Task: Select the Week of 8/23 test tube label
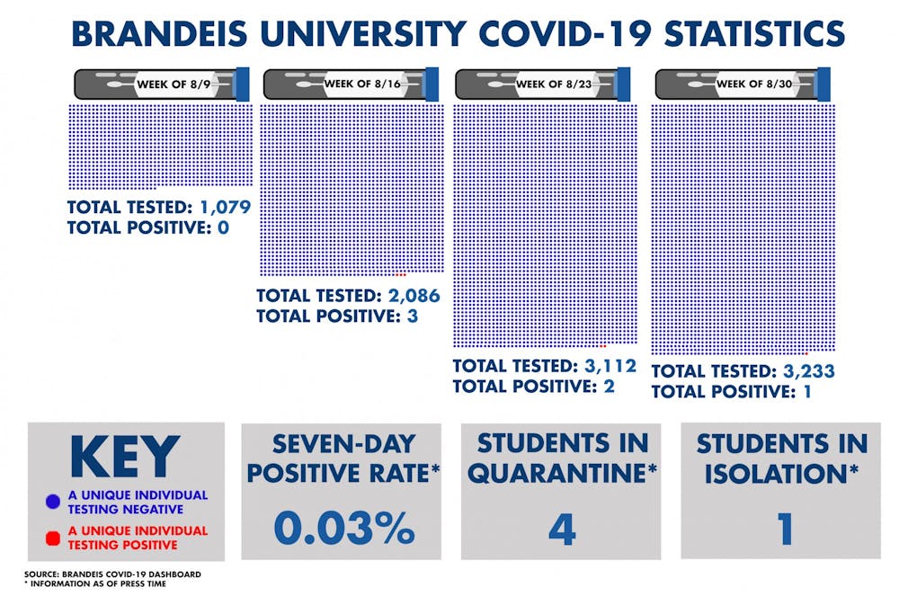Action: [553, 85]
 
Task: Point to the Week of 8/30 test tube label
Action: [752, 85]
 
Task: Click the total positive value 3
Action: [412, 316]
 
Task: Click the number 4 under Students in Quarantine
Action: [561, 529]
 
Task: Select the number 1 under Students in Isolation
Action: [785, 529]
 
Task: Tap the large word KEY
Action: [125, 458]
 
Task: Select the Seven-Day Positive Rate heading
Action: [342, 458]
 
